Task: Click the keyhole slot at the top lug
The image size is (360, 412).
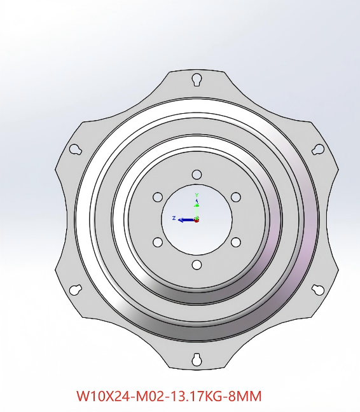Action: [x=197, y=79]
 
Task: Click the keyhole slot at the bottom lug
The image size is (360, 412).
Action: [x=197, y=359]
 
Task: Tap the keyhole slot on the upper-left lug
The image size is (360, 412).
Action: [x=76, y=149]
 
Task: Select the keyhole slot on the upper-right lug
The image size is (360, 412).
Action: [x=318, y=149]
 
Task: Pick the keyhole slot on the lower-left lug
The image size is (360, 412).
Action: [x=76, y=290]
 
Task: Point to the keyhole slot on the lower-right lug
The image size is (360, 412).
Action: [x=318, y=290]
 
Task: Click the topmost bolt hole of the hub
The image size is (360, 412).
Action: [x=197, y=174]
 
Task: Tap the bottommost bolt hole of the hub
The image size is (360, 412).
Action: [x=197, y=265]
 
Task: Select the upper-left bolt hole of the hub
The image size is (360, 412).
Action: [x=158, y=197]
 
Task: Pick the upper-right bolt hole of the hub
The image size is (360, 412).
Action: [x=236, y=197]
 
